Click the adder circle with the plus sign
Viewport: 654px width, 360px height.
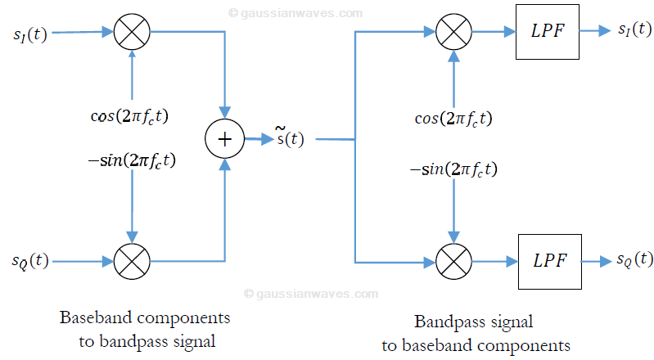coord(223,139)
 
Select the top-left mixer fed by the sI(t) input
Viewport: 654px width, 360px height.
coord(130,33)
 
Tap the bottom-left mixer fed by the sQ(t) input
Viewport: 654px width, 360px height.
coord(130,261)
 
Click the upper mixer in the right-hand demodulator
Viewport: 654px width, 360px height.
coord(450,32)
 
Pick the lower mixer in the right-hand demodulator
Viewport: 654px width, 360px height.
coord(450,262)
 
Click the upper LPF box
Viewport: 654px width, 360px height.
coord(546,32)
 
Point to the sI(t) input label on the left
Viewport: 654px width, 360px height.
coord(30,36)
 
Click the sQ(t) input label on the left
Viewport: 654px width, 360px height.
coord(30,262)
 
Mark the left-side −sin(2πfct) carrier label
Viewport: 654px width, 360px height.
coord(132,160)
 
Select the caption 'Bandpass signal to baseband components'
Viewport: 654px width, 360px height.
coord(476,333)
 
